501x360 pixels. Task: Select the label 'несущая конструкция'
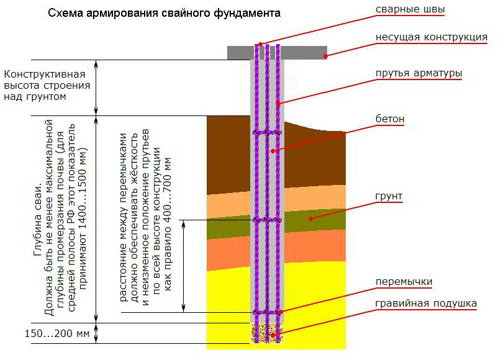431,37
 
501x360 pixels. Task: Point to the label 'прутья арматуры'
418,73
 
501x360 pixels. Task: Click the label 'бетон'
390,118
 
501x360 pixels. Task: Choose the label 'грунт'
389,196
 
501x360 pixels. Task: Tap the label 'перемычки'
404,281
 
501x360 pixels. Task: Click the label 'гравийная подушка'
426,304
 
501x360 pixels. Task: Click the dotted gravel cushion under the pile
266,333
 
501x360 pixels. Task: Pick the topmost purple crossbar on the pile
266,133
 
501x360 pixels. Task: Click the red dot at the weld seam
260,43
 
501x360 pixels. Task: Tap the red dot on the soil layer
310,218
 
